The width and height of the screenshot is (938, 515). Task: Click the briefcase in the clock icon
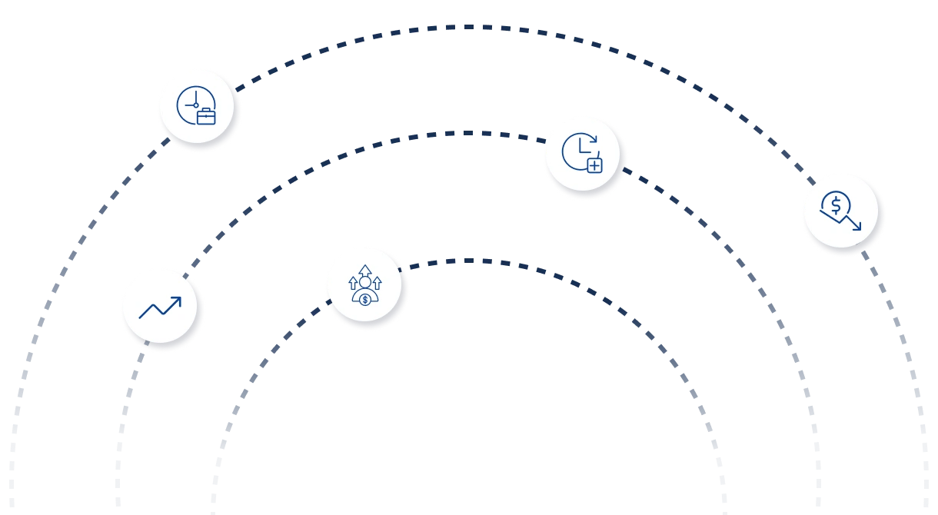(x=206, y=117)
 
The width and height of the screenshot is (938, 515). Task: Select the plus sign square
(x=594, y=164)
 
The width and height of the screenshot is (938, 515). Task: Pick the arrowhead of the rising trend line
(x=178, y=301)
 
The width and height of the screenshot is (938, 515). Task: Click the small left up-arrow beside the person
(x=353, y=282)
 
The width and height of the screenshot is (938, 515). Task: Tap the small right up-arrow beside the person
(x=377, y=282)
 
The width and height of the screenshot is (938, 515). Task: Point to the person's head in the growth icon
(x=364, y=282)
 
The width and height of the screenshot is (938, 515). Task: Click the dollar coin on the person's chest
(x=364, y=298)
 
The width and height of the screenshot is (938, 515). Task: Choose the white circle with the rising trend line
(x=161, y=307)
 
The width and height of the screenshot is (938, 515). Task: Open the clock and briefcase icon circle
(x=197, y=107)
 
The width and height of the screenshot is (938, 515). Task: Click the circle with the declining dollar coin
(x=841, y=212)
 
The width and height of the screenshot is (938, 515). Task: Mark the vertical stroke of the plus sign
(x=594, y=164)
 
